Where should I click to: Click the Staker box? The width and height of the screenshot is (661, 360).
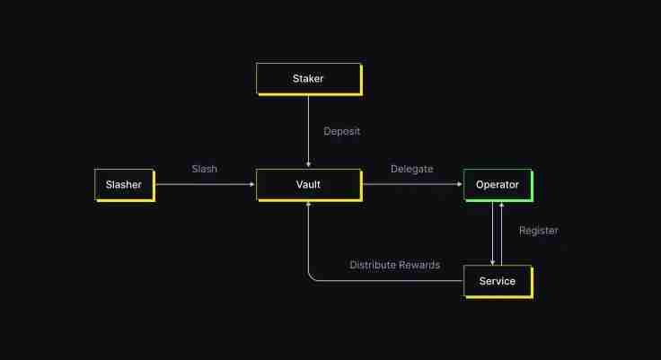pos(308,79)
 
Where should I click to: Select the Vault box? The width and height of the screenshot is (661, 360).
pos(308,184)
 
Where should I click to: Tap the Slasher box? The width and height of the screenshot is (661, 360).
pos(124,184)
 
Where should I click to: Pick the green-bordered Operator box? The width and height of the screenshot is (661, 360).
pos(498,184)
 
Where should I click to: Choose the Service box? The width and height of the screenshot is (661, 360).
pos(498,281)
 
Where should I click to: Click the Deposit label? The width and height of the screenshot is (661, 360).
pos(341,131)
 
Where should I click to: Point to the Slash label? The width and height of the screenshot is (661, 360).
pos(204,169)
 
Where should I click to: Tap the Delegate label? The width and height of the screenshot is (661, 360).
pos(411,169)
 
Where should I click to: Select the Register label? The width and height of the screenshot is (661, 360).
pos(539,231)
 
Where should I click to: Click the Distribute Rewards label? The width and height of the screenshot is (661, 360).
pos(394,265)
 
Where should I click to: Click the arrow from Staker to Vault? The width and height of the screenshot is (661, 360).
pos(308,126)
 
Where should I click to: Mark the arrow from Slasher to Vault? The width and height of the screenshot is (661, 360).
pos(205,184)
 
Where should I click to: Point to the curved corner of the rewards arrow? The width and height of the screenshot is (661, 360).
pos(312,277)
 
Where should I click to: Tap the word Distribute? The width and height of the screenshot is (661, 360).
pos(371,265)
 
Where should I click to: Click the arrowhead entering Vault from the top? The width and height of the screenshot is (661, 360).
pos(308,164)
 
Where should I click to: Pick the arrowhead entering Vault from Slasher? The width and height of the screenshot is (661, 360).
pos(252,184)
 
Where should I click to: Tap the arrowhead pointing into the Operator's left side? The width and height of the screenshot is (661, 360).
pos(459,184)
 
